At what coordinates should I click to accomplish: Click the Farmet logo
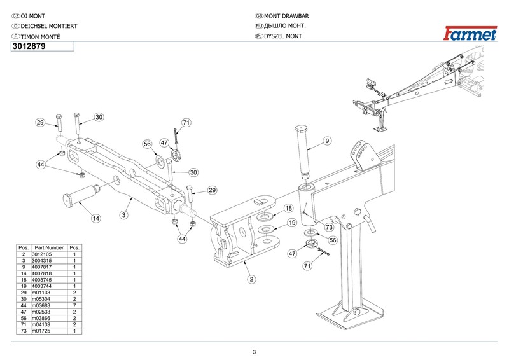[x=470, y=34]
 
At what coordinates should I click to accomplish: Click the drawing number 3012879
[x=29, y=46]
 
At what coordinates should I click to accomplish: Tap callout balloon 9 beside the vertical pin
[x=327, y=141]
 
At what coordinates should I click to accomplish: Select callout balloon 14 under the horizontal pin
[x=96, y=218]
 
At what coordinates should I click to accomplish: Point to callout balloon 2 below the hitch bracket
[x=251, y=279]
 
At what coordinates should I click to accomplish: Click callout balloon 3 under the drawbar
[x=123, y=214]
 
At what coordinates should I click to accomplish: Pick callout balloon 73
[x=330, y=227]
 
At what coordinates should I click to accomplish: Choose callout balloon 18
[x=289, y=208]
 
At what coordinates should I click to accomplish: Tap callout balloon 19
[x=292, y=223]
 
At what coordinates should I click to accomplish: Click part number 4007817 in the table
[x=41, y=267]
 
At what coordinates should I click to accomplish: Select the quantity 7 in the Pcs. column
[x=74, y=305]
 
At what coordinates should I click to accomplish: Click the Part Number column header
[x=49, y=247]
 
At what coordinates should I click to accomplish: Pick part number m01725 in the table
[x=41, y=331]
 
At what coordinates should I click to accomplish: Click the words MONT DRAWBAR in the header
[x=286, y=16]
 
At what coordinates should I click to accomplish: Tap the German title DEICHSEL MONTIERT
[x=49, y=26]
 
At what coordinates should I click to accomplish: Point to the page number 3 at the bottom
[x=254, y=352]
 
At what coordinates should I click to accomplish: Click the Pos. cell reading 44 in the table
[x=24, y=305]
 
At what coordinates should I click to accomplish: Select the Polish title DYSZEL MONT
[x=283, y=36]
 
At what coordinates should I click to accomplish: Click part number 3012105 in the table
[x=41, y=254]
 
